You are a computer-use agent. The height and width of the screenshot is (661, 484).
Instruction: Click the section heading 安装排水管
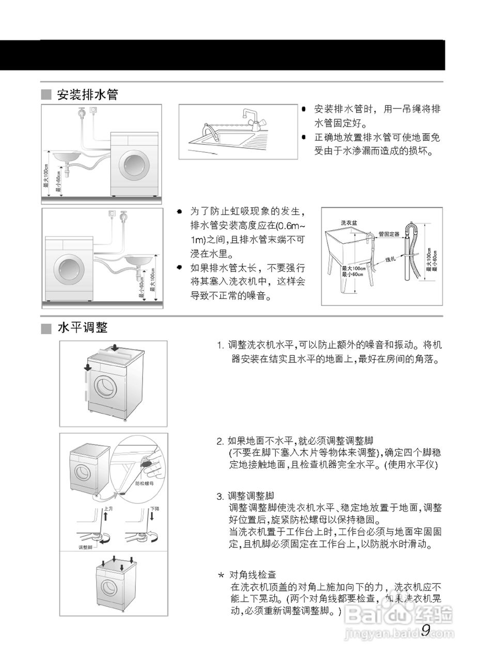coord(87,95)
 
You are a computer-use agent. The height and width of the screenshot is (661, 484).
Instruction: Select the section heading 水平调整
coord(83,328)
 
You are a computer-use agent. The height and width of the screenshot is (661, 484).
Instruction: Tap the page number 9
coord(426,630)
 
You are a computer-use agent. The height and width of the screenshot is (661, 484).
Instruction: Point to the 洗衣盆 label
coord(348,223)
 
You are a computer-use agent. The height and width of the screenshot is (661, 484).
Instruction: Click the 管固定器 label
coord(389,234)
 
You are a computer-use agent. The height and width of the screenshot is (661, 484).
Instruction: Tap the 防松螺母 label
coord(145,483)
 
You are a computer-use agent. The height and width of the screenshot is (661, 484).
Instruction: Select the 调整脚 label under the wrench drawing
coord(85,547)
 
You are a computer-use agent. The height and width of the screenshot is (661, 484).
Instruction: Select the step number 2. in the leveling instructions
coord(221,441)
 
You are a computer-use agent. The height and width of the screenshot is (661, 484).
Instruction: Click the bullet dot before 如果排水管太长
coord(179,267)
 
